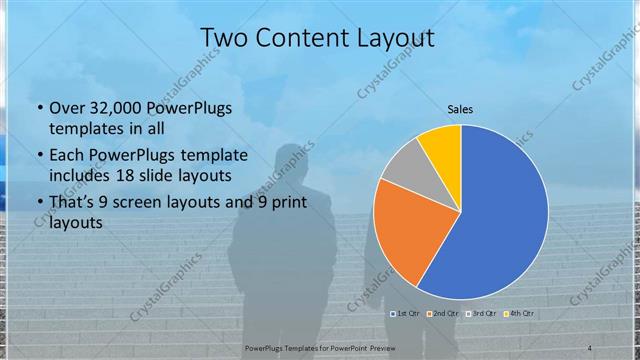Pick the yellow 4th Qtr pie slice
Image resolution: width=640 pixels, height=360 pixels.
coord(441,145)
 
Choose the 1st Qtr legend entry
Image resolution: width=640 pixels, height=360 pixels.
coord(404,314)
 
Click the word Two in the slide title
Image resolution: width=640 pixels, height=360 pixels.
coord(225,39)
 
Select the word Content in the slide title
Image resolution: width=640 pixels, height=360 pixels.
coord(299,39)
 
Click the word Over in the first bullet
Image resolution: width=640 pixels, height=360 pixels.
coord(67,108)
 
